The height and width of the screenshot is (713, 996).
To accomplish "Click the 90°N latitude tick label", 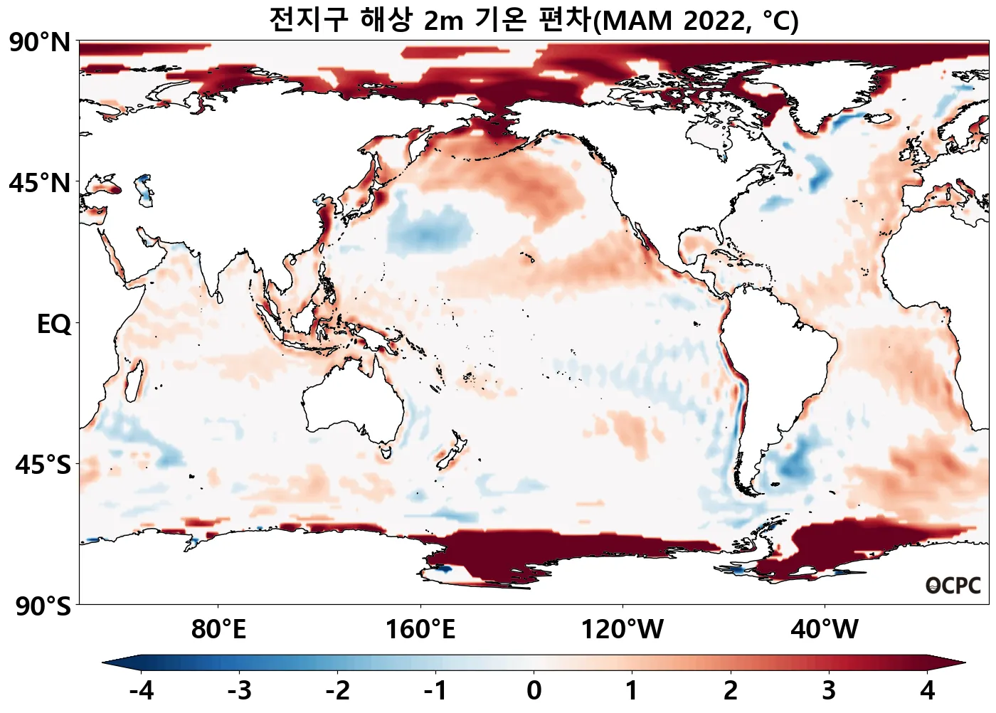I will (x=40, y=43).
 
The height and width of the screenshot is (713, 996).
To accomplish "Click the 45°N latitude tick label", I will (x=40, y=184).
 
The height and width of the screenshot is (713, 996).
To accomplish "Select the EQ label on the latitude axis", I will (x=54, y=324).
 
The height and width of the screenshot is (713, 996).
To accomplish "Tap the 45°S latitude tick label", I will (x=43, y=465).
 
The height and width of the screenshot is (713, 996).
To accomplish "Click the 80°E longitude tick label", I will (x=218, y=630).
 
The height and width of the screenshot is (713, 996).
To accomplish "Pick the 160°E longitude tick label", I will (x=420, y=630).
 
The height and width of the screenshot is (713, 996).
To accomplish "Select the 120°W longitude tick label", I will (x=622, y=630).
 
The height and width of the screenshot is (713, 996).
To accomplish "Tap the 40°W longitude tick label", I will (x=825, y=630).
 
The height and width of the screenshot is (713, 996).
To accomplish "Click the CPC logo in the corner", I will (x=953, y=586).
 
